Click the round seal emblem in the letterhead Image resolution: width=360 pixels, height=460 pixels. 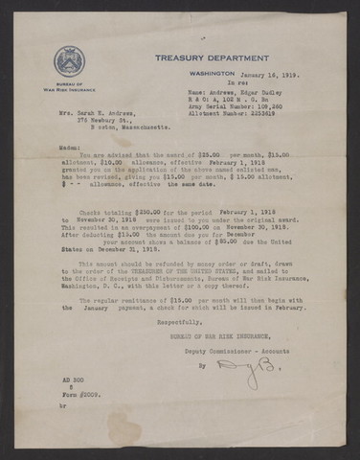pyautogui.click(x=69, y=59)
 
